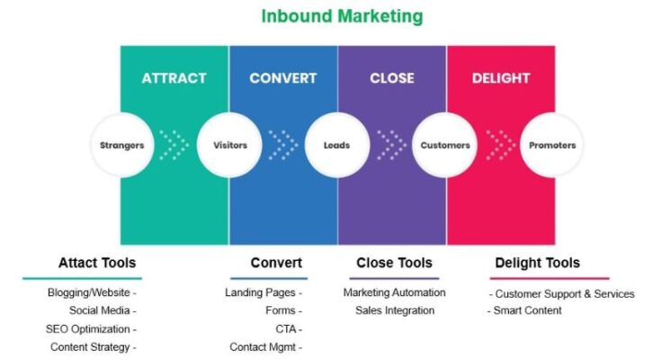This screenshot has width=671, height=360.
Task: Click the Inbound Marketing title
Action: point(342,17)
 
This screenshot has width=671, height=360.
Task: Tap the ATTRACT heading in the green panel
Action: point(174,78)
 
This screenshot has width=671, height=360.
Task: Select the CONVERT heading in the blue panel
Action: point(283,78)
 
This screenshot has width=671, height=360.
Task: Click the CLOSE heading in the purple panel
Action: point(392,78)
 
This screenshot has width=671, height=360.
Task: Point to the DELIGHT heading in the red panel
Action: point(501,78)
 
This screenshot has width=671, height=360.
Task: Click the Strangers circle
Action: point(122,145)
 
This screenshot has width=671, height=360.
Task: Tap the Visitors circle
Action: point(229,145)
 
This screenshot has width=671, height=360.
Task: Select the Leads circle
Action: point(337,145)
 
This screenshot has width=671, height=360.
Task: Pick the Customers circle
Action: point(445,145)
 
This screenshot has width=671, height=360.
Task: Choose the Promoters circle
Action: point(552,145)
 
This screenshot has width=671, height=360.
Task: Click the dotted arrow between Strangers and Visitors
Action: point(174,145)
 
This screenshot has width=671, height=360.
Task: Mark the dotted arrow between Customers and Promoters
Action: point(501,145)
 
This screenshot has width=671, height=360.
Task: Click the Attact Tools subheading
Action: point(97,263)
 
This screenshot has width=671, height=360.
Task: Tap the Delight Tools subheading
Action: point(538,263)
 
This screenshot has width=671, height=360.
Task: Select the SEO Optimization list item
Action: point(88,329)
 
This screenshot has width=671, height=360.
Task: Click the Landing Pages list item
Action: point(260,292)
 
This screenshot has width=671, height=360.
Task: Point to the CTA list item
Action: point(286,329)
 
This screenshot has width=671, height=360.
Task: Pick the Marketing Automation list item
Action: point(394,292)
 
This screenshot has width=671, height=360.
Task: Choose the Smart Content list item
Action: point(527,310)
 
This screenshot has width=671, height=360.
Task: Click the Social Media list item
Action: point(99,310)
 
